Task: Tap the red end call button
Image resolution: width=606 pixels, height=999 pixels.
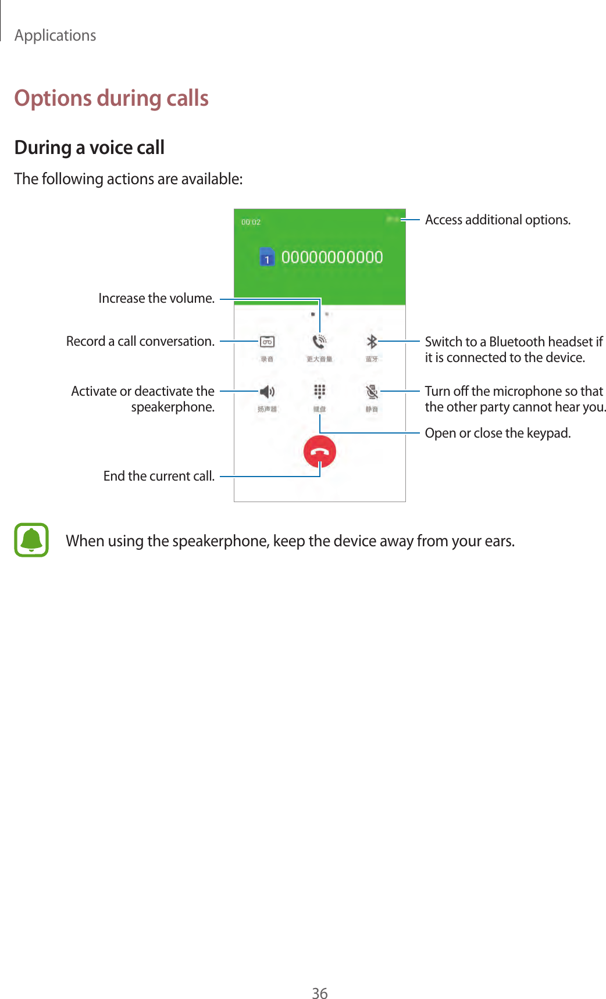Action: [319, 452]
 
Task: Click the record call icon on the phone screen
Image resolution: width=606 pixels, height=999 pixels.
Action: [267, 342]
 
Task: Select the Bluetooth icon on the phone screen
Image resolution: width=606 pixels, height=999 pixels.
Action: [372, 342]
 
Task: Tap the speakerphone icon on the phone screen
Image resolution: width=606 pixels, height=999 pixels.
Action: [267, 391]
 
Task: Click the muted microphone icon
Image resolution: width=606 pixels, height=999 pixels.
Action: [372, 392]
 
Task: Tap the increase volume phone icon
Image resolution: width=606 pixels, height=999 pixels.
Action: [319, 342]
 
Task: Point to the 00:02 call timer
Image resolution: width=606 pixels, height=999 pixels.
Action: [251, 222]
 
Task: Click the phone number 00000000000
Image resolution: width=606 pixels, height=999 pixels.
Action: [332, 257]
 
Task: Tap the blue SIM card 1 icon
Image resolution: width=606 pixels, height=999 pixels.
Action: [267, 257]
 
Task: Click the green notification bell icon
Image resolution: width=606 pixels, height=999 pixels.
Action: [31, 540]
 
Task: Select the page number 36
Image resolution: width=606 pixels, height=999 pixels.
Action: [319, 993]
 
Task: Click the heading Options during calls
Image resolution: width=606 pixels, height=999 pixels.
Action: [111, 98]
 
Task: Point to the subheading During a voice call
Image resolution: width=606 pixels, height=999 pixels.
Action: [90, 148]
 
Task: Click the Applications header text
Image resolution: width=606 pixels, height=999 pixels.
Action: [55, 35]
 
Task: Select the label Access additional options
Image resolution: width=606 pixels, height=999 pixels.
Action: [497, 220]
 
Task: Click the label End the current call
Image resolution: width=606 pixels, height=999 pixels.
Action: [159, 476]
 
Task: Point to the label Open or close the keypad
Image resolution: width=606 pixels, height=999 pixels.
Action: [497, 433]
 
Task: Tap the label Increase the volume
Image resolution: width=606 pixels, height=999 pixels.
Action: [156, 298]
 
